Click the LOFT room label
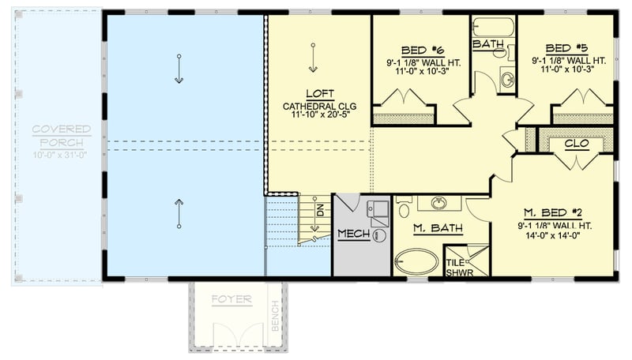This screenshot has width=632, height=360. point(319,92)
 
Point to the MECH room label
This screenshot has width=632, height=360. point(354,234)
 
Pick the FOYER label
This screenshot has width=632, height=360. point(231,300)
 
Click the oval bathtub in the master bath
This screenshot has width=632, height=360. point(416,261)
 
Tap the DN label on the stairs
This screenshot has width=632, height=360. point(320,211)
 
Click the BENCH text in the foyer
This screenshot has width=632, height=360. point(274,314)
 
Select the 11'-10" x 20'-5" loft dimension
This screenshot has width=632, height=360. point(319,114)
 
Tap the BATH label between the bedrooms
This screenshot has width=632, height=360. point(487,44)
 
